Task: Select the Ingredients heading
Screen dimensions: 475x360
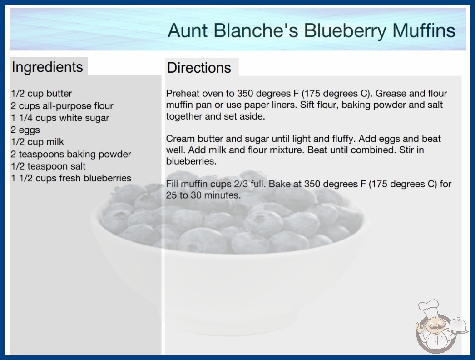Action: coord(47,67)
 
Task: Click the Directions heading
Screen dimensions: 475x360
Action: coord(199,68)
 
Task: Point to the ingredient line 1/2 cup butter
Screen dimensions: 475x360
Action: coord(41,94)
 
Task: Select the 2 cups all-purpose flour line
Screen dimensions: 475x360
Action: coord(62,105)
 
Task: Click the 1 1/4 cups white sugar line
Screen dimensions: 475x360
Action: coord(60,118)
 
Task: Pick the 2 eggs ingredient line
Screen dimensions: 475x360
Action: coord(25,130)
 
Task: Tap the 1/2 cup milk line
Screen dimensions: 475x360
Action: coord(38,142)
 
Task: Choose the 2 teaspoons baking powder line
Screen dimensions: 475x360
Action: coord(71,154)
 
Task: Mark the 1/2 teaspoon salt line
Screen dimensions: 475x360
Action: coord(48,166)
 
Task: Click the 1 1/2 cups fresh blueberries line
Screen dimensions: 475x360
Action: coord(71,178)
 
